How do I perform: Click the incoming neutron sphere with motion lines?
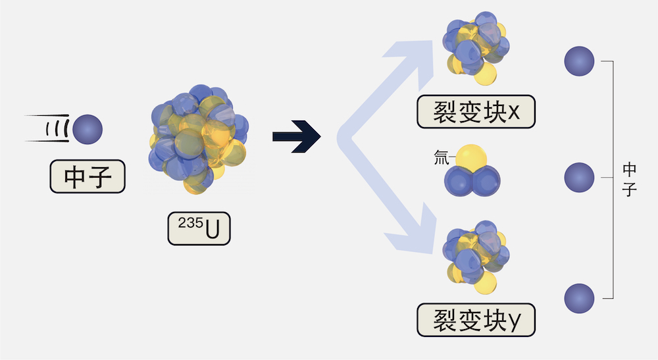point(88,130)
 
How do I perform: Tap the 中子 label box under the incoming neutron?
point(88,176)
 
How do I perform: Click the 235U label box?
point(199,228)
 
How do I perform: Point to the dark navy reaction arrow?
point(297,136)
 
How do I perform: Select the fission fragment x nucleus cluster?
point(476,48)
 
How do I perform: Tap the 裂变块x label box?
point(476,112)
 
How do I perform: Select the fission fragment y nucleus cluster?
point(476,257)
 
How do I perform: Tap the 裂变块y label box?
point(476,320)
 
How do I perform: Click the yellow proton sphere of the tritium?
point(471,157)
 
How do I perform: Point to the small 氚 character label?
point(441,158)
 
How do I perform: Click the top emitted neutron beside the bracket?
point(579,61)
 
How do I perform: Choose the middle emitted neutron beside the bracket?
point(579,178)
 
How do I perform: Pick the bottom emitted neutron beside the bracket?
point(579,298)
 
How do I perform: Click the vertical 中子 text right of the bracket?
point(630,180)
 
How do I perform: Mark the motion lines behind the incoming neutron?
point(47,128)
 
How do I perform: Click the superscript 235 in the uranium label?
point(191,223)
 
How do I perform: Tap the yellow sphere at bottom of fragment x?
point(486,74)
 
